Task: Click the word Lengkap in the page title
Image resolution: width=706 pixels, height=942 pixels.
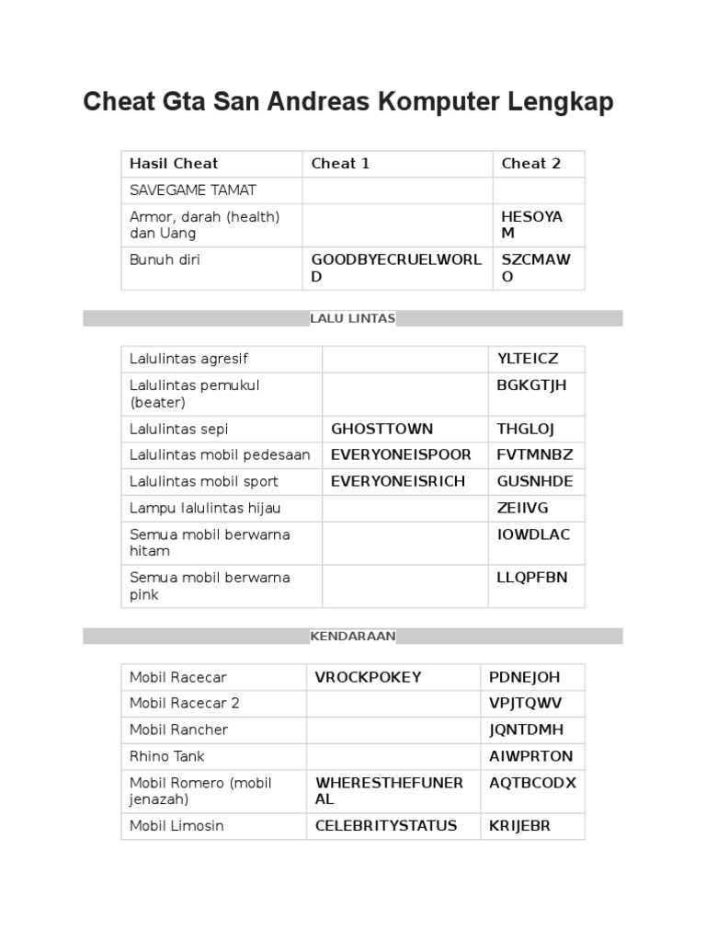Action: coord(560,102)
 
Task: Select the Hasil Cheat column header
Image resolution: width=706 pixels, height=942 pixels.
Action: coord(174,164)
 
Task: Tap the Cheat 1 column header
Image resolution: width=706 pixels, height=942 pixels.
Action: coord(340,164)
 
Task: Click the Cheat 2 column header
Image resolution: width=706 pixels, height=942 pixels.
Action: coord(530,164)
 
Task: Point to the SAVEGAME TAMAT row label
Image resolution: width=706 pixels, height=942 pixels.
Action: coord(192,190)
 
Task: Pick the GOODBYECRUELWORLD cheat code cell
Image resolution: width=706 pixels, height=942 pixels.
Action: coord(396,268)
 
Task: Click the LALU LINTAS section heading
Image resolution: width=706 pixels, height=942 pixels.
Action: coord(353,318)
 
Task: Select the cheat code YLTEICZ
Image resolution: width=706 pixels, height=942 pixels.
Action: coord(527,359)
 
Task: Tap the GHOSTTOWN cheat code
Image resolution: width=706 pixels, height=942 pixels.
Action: coord(381,429)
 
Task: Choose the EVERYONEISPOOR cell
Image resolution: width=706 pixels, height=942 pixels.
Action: coord(401,454)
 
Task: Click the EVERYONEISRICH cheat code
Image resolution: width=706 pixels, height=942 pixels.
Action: coord(398,481)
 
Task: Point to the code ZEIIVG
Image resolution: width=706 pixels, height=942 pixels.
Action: coord(522,508)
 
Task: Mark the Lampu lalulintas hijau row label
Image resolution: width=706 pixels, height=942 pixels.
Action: coord(205,508)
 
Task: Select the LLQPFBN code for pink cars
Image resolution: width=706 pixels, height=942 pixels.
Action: coord(532,578)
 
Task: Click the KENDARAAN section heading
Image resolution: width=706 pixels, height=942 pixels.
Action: coord(353,636)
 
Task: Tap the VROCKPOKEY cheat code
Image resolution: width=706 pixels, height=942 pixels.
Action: coord(368,677)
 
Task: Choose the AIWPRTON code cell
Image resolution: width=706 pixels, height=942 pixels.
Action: coord(530,756)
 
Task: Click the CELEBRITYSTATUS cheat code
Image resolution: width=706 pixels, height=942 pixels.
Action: coord(386,825)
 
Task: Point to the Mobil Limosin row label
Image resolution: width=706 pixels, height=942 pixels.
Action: coord(176,825)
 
